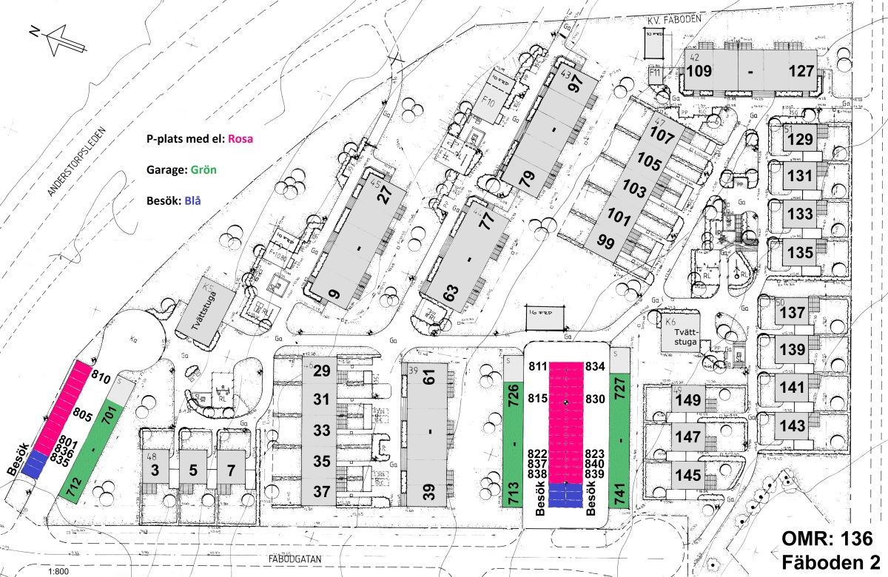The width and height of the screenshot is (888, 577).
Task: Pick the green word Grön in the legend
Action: (203, 169)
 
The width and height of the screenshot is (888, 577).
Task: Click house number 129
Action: (799, 138)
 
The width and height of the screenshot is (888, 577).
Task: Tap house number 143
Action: (792, 427)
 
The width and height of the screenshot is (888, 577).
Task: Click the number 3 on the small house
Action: (155, 470)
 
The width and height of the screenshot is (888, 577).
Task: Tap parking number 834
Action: (596, 366)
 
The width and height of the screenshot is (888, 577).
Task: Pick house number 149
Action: (687, 401)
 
